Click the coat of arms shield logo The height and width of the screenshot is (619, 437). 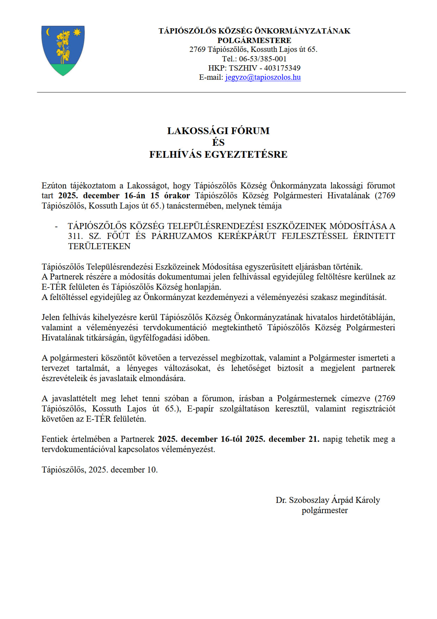point(63,50)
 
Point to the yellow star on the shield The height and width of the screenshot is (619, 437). point(77,32)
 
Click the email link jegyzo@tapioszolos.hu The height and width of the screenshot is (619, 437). point(263,77)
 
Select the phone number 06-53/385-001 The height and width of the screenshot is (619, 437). point(263,59)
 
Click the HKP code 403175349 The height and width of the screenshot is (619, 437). point(282,68)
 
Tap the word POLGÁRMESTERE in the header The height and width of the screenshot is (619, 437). point(254,40)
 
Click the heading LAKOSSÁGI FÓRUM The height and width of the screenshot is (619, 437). point(218,131)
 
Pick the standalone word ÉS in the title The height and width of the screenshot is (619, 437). point(218,143)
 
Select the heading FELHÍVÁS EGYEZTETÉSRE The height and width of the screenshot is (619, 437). point(218,155)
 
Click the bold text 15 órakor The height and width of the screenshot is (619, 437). point(170,196)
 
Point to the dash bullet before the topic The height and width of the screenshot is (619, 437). point(56,226)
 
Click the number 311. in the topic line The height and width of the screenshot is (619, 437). point(75,236)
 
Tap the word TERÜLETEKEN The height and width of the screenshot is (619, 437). point(99,246)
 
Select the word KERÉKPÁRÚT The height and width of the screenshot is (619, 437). point(247,236)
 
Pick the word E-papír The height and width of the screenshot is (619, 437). point(200,409)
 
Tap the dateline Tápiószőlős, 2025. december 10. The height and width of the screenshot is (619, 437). point(99,470)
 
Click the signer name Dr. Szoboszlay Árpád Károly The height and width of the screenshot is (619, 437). point(328,500)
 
